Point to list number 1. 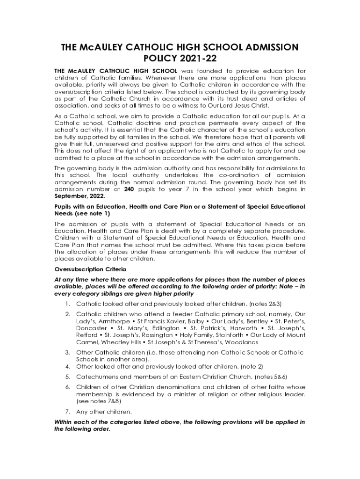click(68, 304)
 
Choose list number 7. click(68, 412)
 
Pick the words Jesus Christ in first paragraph click(245, 105)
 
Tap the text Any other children click(104, 412)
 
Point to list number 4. click(68, 366)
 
